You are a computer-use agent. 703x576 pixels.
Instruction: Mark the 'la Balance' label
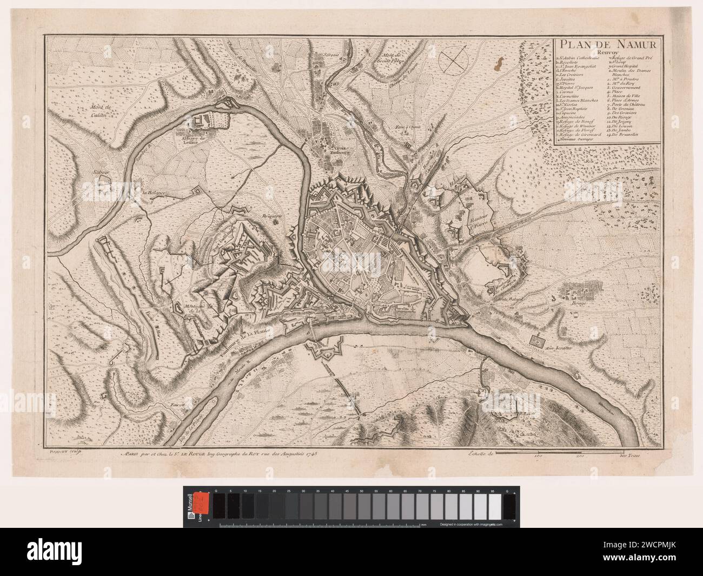pyautogui.click(x=154, y=192)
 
